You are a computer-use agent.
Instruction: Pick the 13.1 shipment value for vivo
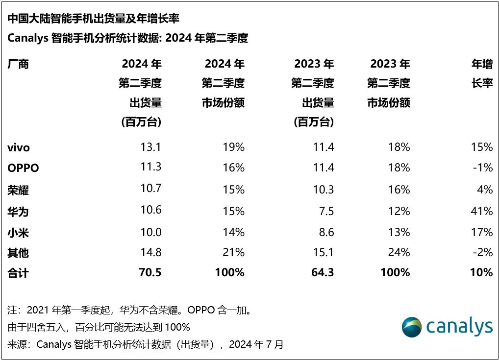click(x=151, y=147)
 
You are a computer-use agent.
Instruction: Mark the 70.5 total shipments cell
click(x=150, y=273)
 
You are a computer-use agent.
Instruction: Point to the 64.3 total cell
click(x=323, y=273)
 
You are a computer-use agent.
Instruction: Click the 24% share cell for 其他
click(x=399, y=252)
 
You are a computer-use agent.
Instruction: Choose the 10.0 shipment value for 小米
click(x=151, y=232)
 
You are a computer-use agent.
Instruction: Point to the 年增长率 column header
click(x=482, y=73)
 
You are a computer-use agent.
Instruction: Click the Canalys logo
click(x=447, y=327)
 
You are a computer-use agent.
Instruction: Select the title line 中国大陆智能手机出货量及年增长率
click(x=93, y=19)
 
